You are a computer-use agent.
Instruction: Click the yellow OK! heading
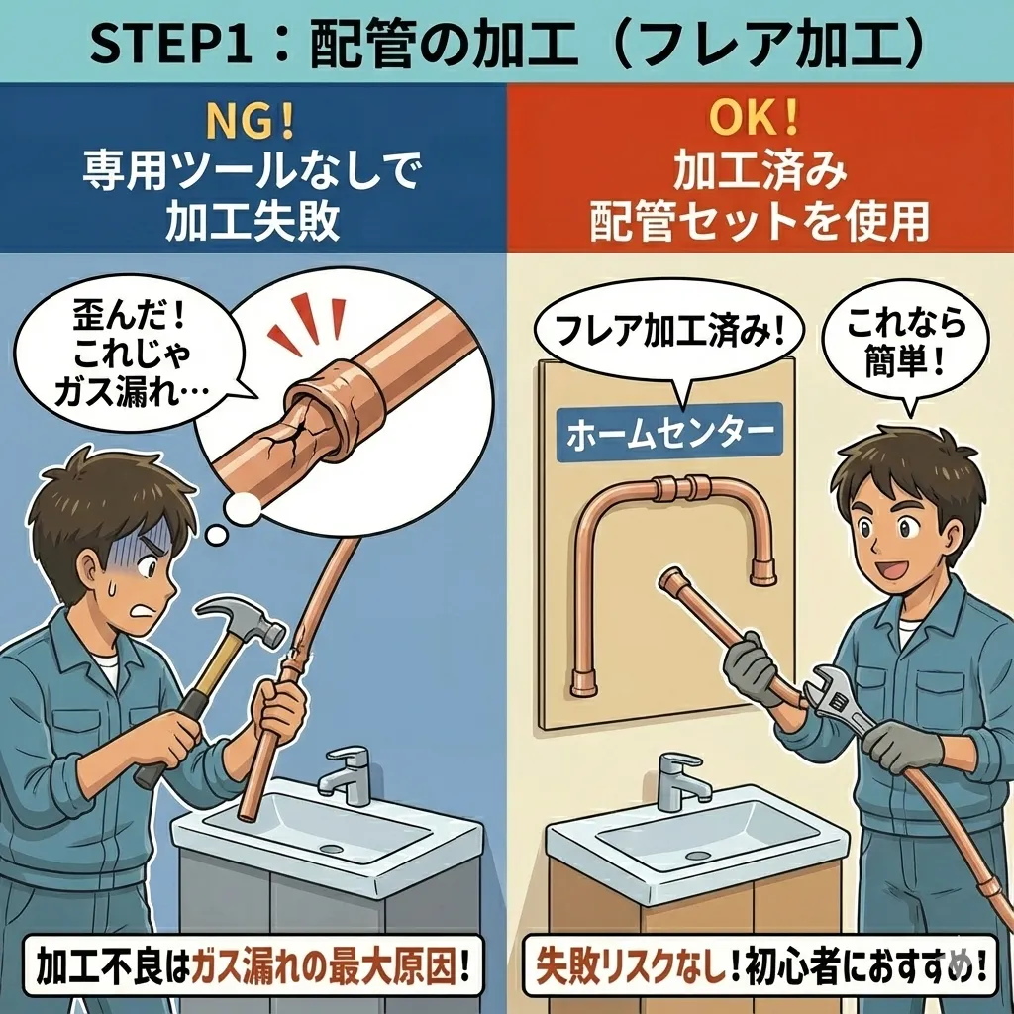[754, 118]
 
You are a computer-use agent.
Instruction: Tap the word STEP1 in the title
[170, 46]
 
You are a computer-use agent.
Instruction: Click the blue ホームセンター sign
[669, 432]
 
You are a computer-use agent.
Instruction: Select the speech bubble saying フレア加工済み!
[669, 337]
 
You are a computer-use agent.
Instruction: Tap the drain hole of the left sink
[330, 848]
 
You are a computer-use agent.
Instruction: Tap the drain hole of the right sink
[699, 855]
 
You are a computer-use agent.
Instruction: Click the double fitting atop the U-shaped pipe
[682, 487]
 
